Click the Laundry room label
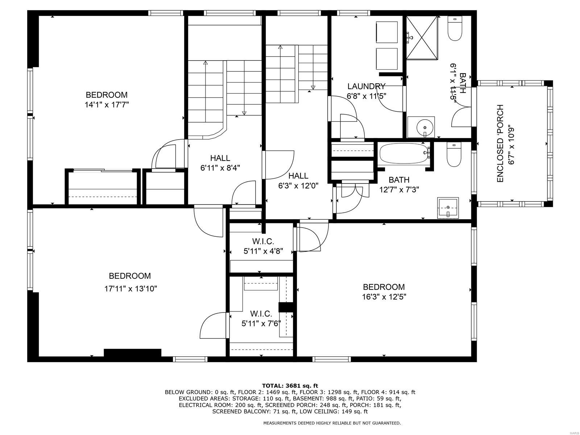coord(366,86)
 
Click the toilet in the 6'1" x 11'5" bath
coord(455,29)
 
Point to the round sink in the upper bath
coord(422,127)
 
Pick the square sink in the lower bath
coord(448,208)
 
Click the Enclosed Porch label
coord(500,144)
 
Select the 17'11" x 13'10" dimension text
coord(130,289)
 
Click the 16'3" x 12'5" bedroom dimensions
coord(384,297)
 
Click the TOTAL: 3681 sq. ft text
coord(290,386)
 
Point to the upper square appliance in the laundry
coord(387,33)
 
